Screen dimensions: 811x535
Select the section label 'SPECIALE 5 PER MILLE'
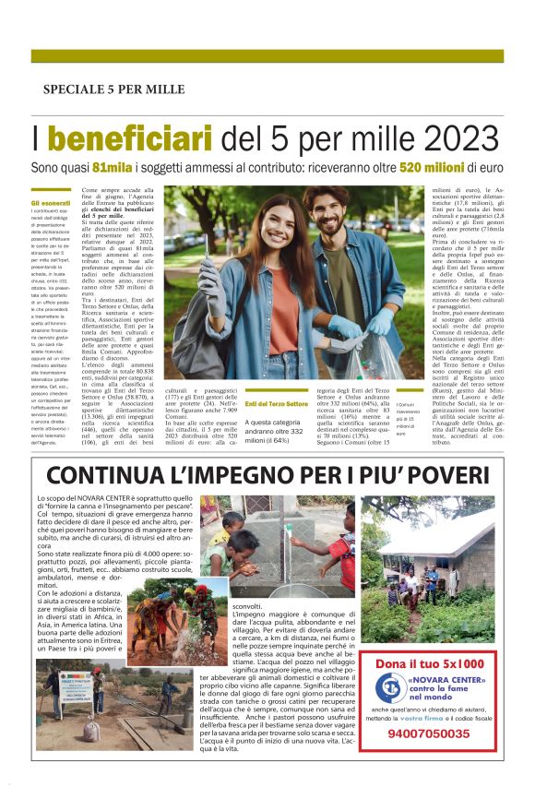click(113, 89)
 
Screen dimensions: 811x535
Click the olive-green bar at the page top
click(267, 55)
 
